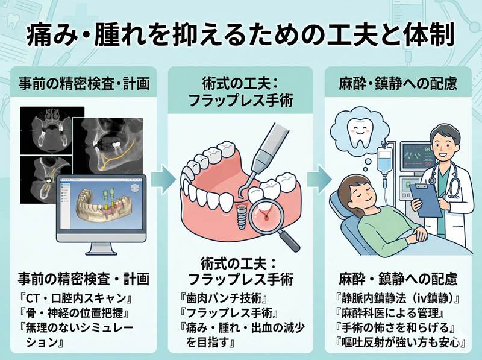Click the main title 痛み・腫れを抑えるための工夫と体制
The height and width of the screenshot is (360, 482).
(x=241, y=34)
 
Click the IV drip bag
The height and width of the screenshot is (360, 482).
(x=384, y=160)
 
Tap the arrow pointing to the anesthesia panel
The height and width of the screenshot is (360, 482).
(x=318, y=178)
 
